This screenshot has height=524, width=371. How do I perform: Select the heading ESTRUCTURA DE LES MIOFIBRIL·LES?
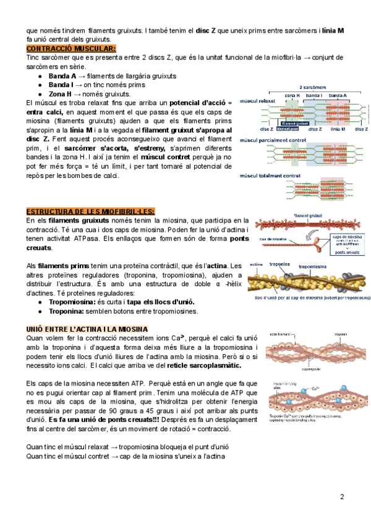pyautogui.click(x=90, y=211)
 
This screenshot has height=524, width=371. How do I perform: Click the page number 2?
pyautogui.click(x=342, y=497)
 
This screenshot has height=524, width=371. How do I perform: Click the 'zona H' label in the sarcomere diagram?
pyautogui.click(x=292, y=96)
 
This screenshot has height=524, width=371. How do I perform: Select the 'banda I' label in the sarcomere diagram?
pyautogui.click(x=313, y=96)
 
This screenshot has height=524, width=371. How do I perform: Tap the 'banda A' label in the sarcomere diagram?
pyautogui.click(x=337, y=96)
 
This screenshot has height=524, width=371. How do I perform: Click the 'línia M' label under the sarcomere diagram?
pyautogui.click(x=338, y=129)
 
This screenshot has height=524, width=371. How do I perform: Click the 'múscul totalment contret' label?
pyautogui.click(x=270, y=176)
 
